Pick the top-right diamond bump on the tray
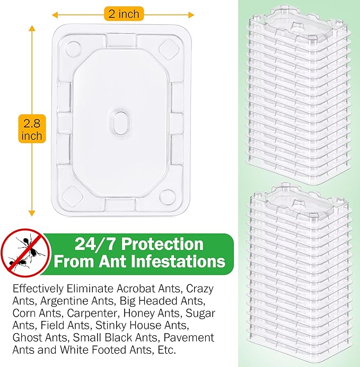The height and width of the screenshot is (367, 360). coord(171,49)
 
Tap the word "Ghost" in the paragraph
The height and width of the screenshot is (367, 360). coord(27,338)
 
